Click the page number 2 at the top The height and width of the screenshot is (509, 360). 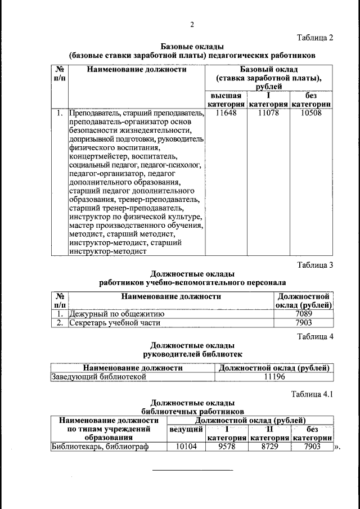click(x=192, y=24)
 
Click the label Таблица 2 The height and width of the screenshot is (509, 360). click(x=315, y=38)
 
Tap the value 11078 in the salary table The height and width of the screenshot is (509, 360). click(x=268, y=114)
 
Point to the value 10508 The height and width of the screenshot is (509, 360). click(x=311, y=114)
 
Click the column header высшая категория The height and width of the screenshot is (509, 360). click(x=226, y=100)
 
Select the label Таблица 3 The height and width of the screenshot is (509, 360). click(x=315, y=265)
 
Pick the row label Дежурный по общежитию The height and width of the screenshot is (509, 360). click(x=116, y=314)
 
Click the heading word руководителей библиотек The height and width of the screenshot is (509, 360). click(x=192, y=354)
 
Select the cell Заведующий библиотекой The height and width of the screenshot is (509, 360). click(x=99, y=377)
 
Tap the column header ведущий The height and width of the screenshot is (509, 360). click(x=186, y=429)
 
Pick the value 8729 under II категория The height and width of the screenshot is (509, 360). click(x=268, y=447)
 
